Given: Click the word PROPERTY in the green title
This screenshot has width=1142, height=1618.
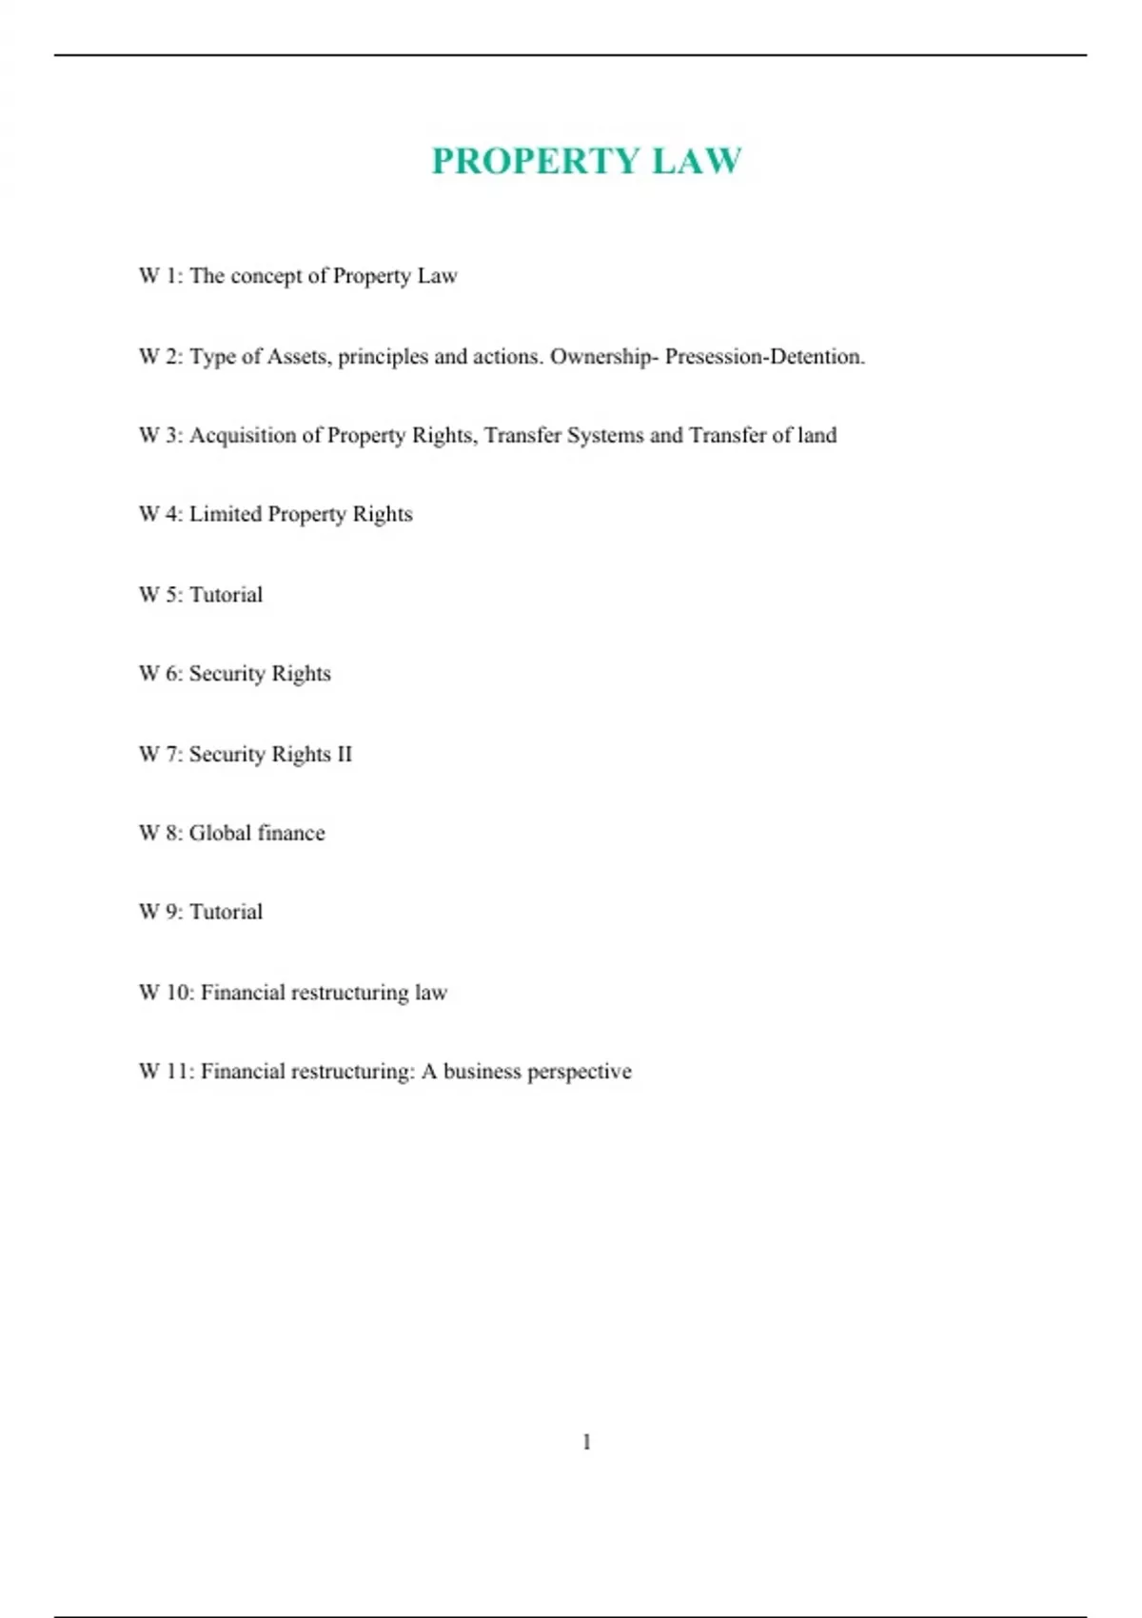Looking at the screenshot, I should (536, 161).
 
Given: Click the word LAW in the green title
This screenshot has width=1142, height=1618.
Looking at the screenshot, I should (697, 161).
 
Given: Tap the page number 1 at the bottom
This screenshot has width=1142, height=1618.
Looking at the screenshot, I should (586, 1442).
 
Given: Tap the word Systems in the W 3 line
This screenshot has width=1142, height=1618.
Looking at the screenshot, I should (605, 436).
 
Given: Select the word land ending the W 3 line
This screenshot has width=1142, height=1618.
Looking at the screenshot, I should (817, 436).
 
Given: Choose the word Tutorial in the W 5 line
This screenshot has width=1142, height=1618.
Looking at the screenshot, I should (226, 595).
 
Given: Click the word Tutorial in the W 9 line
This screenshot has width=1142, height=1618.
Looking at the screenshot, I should (226, 912).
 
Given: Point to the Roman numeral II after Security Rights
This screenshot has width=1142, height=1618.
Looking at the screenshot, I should (345, 754).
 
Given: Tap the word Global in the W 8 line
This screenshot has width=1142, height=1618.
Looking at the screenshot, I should (220, 833).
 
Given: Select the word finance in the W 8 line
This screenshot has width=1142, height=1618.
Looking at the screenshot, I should (290, 833).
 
